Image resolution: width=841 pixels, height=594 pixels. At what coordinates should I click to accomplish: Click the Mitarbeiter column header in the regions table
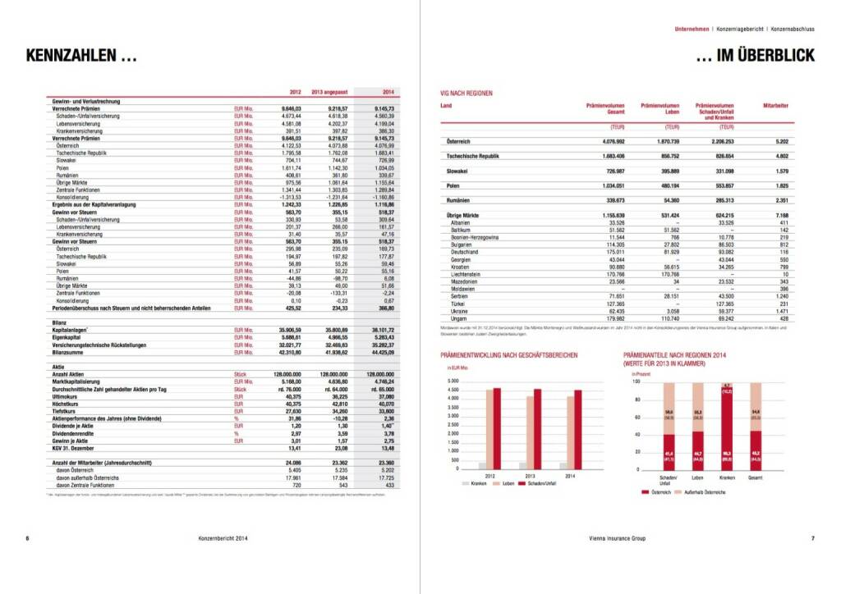click(776, 106)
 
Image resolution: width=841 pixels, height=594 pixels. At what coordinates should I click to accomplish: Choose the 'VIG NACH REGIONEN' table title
click(466, 94)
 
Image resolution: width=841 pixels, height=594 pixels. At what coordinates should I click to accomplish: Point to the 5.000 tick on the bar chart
click(453, 382)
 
